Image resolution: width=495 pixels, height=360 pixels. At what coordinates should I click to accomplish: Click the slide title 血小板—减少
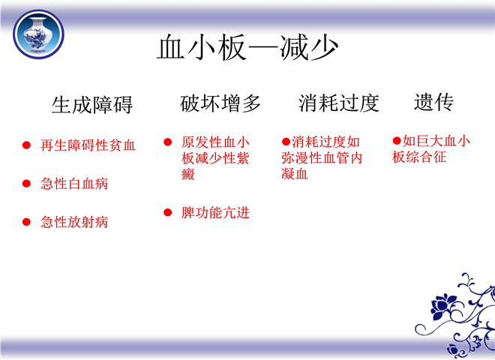(x=247, y=47)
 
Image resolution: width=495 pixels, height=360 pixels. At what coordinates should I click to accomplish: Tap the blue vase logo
(x=38, y=34)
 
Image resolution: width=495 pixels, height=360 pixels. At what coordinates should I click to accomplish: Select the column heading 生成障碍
(x=92, y=104)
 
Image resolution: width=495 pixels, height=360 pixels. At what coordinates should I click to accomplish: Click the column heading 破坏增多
(x=220, y=103)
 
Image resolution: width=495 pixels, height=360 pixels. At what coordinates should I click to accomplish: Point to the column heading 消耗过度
(x=339, y=103)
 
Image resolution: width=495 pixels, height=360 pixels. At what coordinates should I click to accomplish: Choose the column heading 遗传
(x=433, y=102)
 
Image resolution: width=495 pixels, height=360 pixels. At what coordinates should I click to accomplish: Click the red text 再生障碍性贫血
(x=88, y=145)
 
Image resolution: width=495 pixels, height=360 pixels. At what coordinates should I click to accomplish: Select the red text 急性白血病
(x=74, y=184)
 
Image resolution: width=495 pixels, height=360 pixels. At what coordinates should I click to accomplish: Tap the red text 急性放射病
(x=74, y=222)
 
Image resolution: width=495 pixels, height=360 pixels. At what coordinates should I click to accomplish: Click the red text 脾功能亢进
(x=215, y=212)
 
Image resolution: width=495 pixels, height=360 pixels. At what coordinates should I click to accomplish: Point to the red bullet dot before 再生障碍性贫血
(x=26, y=145)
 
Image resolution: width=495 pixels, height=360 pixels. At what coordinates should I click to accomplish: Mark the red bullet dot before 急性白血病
(x=26, y=184)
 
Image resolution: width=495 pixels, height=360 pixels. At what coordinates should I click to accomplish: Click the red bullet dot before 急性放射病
(x=26, y=222)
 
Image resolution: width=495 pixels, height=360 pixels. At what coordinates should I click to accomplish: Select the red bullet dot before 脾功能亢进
(x=168, y=212)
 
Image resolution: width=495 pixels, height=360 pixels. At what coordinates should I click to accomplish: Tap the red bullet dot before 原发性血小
(x=168, y=142)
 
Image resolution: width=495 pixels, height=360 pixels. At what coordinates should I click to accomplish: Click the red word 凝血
(x=295, y=174)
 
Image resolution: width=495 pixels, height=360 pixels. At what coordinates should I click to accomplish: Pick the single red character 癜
(x=187, y=174)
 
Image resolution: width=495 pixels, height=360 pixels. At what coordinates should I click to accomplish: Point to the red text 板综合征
(x=419, y=157)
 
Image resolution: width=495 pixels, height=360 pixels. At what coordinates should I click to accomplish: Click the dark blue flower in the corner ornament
(x=442, y=306)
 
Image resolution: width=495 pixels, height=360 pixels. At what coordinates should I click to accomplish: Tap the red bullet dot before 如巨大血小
(x=397, y=140)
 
